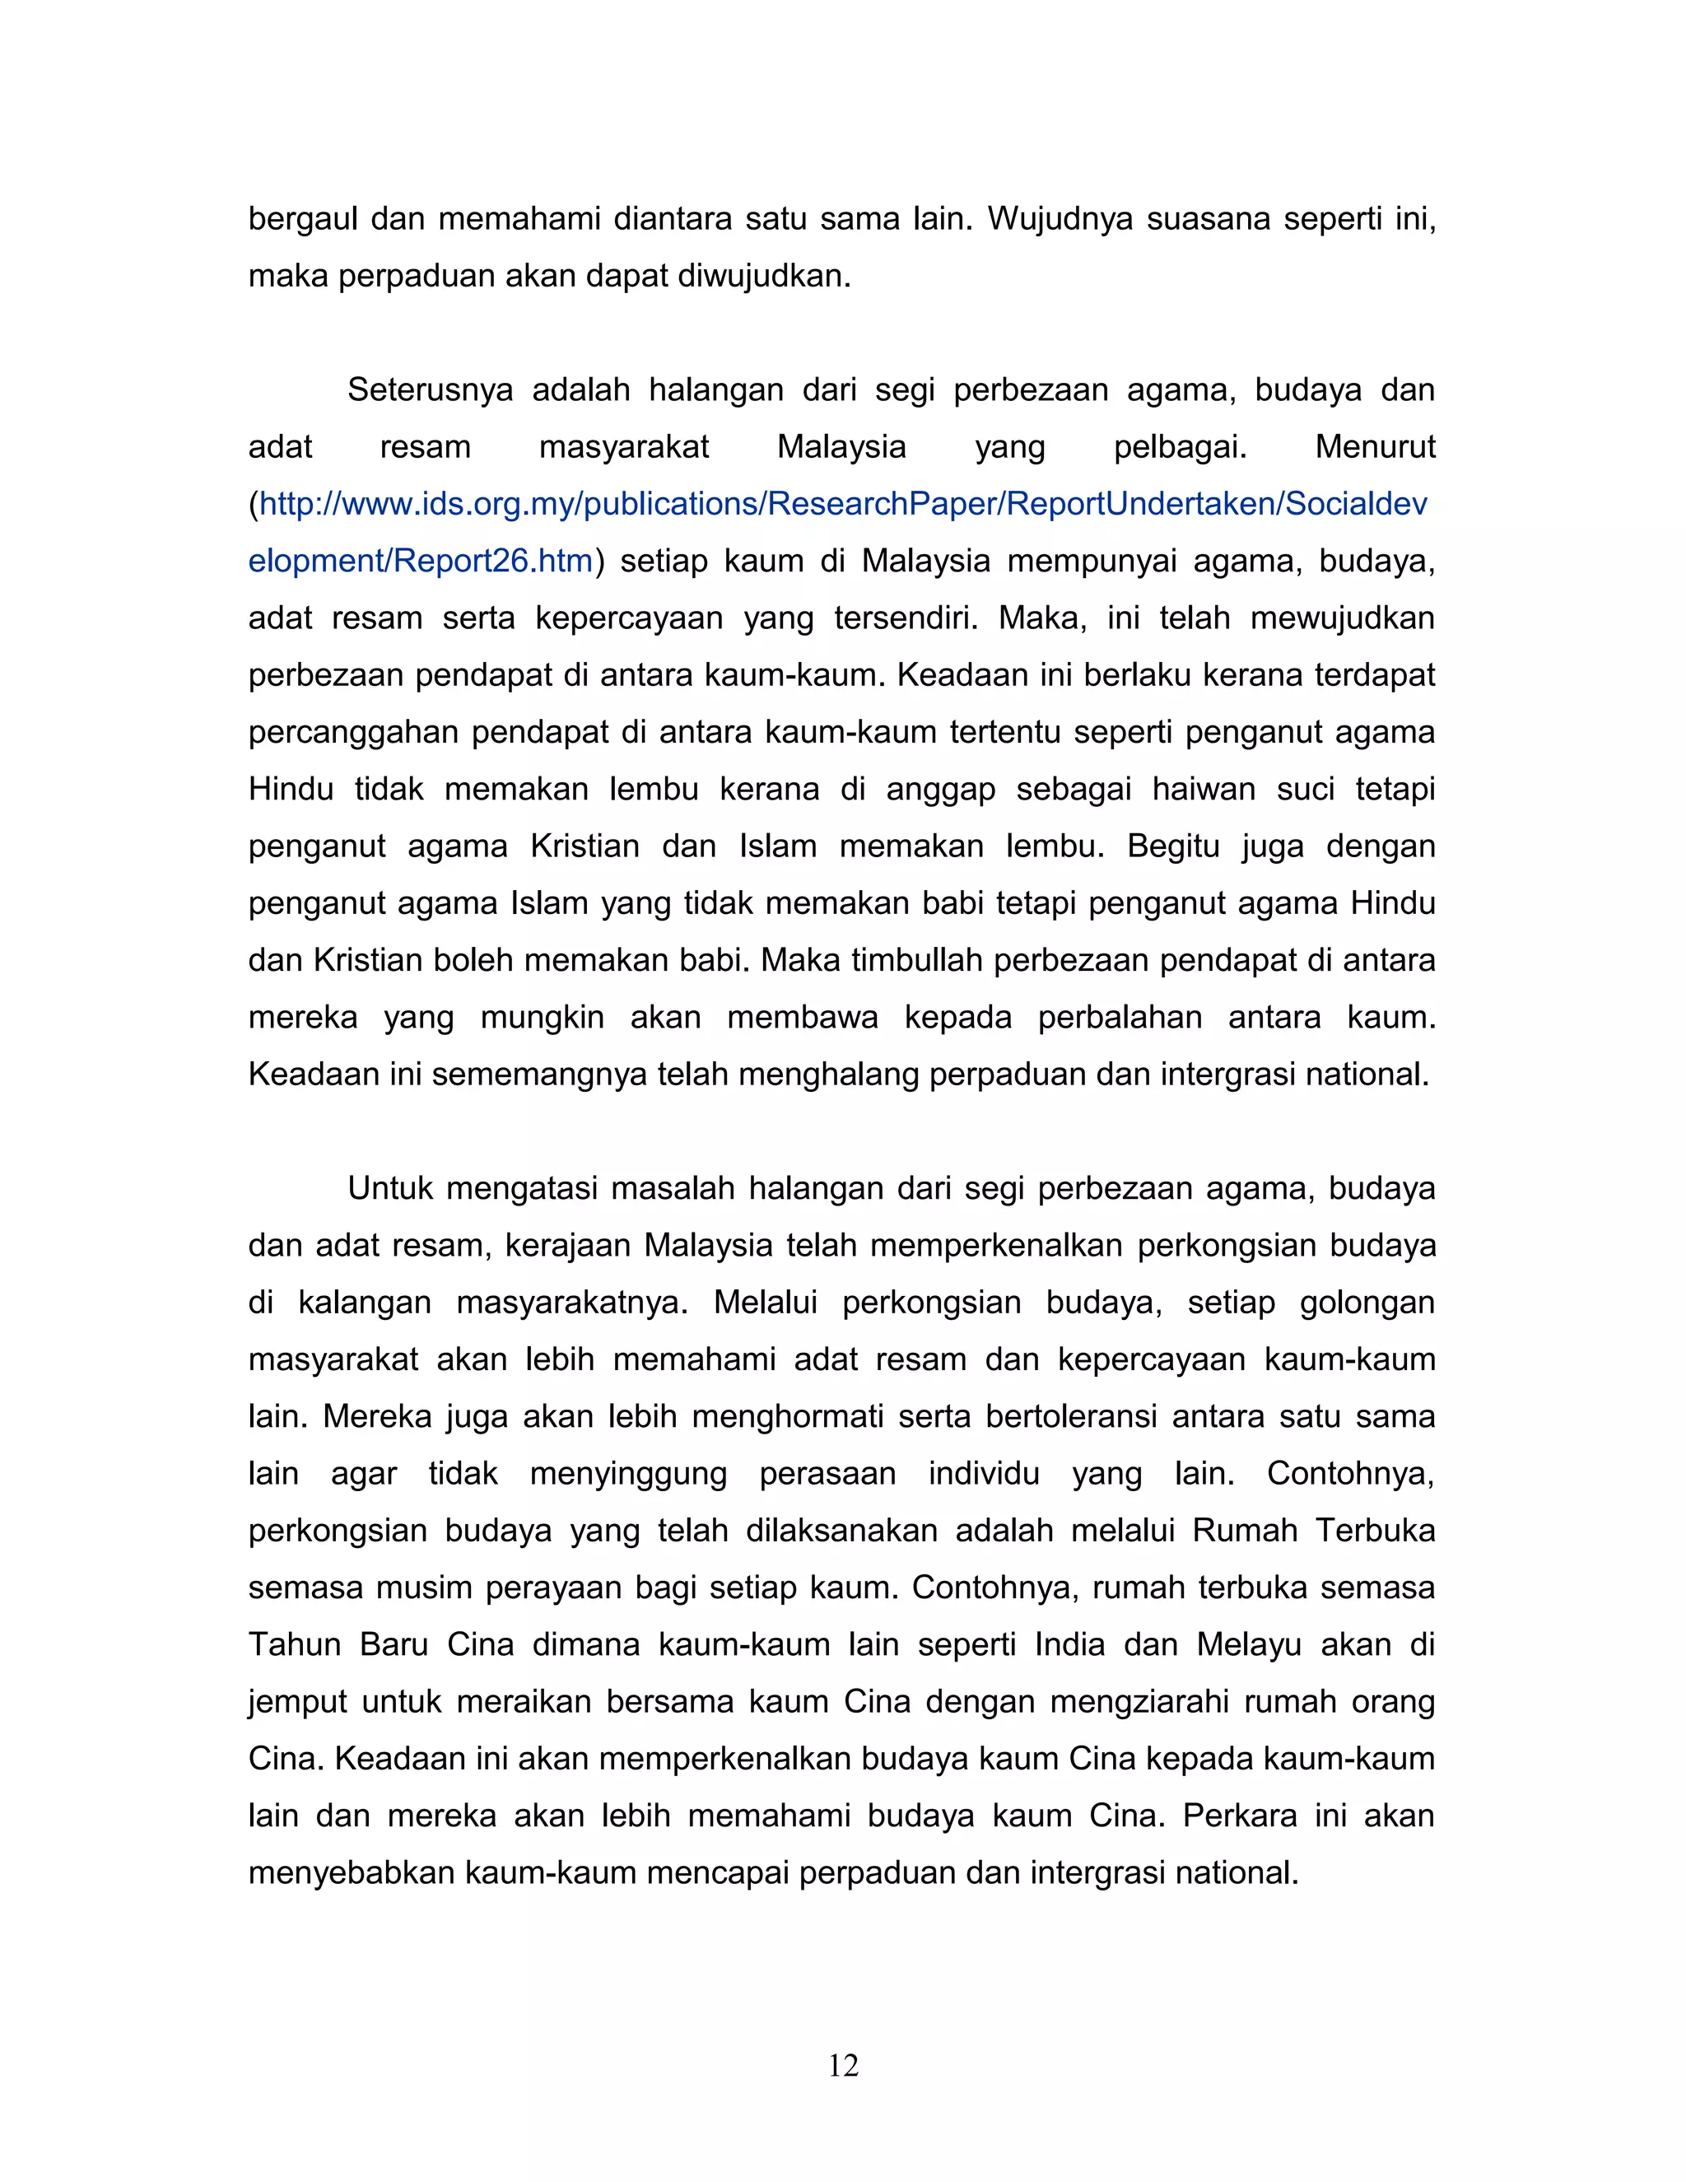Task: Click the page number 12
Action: click(843, 2065)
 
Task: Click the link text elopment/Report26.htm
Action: click(421, 562)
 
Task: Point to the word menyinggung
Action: click(628, 1474)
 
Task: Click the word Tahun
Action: click(295, 1644)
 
